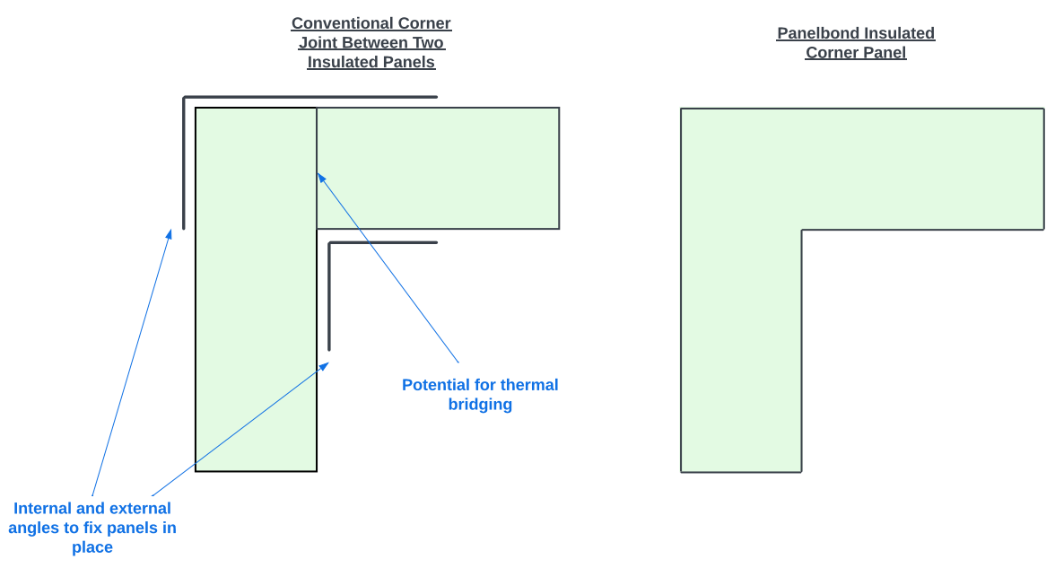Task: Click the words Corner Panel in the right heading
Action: [x=856, y=53]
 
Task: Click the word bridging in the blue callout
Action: [x=480, y=405]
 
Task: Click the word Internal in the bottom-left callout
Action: [x=43, y=509]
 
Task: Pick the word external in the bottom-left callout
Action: [x=140, y=509]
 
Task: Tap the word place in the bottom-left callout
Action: [x=92, y=547]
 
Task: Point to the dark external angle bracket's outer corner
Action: [x=185, y=98]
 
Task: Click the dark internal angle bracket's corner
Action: [x=330, y=244]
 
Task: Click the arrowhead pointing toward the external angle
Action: [x=169, y=234]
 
